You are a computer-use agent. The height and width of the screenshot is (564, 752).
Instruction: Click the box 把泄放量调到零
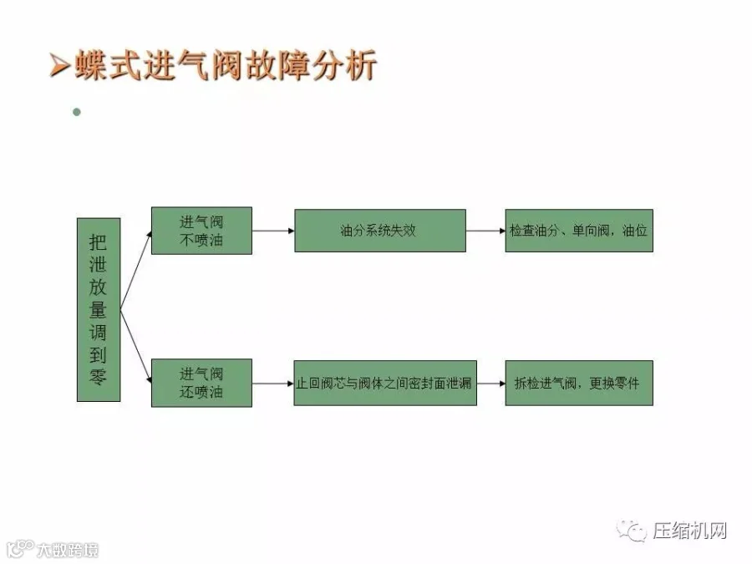(x=99, y=309)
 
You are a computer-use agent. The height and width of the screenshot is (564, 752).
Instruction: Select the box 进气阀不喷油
(x=201, y=231)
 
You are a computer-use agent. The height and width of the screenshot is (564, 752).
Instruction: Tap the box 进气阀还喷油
(x=201, y=383)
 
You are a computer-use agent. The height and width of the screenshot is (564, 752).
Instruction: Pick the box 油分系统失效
(x=379, y=231)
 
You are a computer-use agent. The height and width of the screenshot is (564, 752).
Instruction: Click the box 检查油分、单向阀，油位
(x=578, y=231)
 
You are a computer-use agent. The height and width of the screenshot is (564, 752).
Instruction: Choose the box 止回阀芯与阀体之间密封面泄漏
(x=384, y=383)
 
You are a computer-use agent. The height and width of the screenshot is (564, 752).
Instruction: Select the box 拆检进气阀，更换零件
(x=578, y=383)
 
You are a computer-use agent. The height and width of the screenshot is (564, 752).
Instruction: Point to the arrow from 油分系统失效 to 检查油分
(x=485, y=231)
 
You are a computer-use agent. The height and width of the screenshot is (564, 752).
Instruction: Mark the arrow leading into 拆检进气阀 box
(x=490, y=384)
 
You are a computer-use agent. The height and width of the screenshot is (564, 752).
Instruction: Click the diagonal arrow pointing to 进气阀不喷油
(x=136, y=269)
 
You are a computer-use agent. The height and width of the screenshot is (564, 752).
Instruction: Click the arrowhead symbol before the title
(x=58, y=67)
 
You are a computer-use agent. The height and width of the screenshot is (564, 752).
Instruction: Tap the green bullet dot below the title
(x=77, y=111)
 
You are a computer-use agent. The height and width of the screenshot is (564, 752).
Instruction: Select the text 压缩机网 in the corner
(x=690, y=531)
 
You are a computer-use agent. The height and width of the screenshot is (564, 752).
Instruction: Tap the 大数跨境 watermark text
(x=67, y=550)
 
